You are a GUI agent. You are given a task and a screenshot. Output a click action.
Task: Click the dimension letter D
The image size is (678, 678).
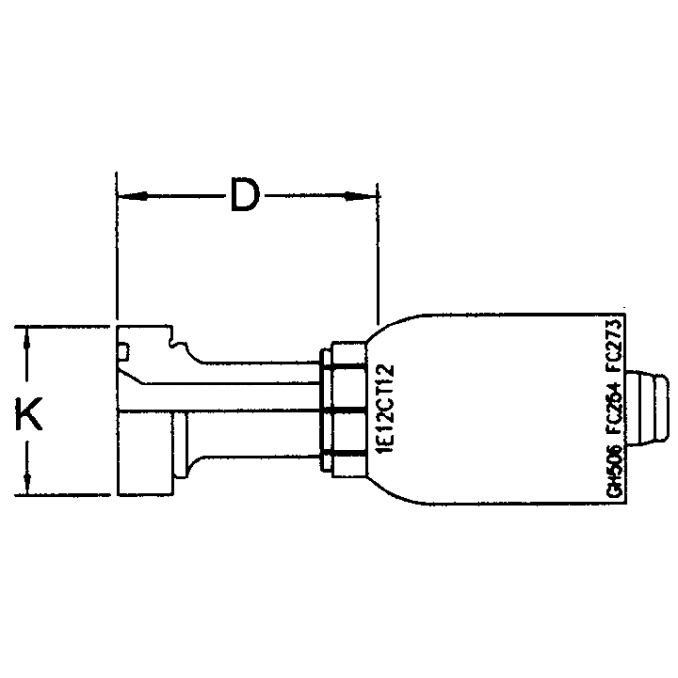click(x=246, y=197)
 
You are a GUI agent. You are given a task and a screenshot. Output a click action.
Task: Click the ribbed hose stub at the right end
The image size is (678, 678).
click(x=646, y=407)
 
